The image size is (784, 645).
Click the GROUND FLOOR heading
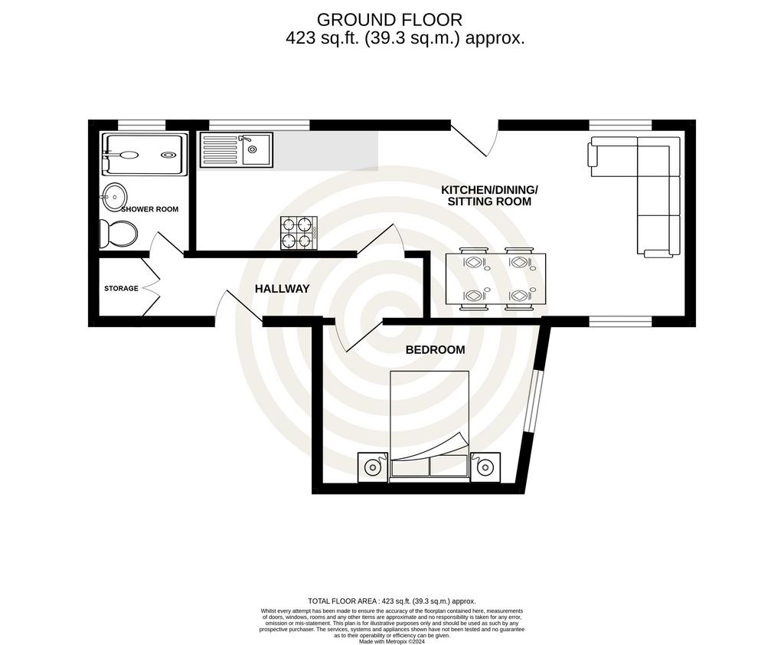390,20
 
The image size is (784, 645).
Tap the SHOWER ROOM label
149,209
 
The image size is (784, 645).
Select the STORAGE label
121,288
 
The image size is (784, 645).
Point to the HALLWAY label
282,289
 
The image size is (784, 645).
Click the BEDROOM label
435,350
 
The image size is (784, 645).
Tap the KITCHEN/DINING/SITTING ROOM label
489,195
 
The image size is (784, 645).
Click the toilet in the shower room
118,233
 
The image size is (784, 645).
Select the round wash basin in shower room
115,195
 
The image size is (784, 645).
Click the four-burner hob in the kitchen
299,233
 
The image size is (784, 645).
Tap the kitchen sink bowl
256,149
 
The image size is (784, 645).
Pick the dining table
495,278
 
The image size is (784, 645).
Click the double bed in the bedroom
430,426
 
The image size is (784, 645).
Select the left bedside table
373,467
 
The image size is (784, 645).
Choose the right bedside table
485,467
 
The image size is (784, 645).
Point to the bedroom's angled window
531,401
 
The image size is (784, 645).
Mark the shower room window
142,125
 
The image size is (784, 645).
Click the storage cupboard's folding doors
151,287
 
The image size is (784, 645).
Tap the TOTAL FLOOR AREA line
392,601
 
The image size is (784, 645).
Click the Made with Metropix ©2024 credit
392,641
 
